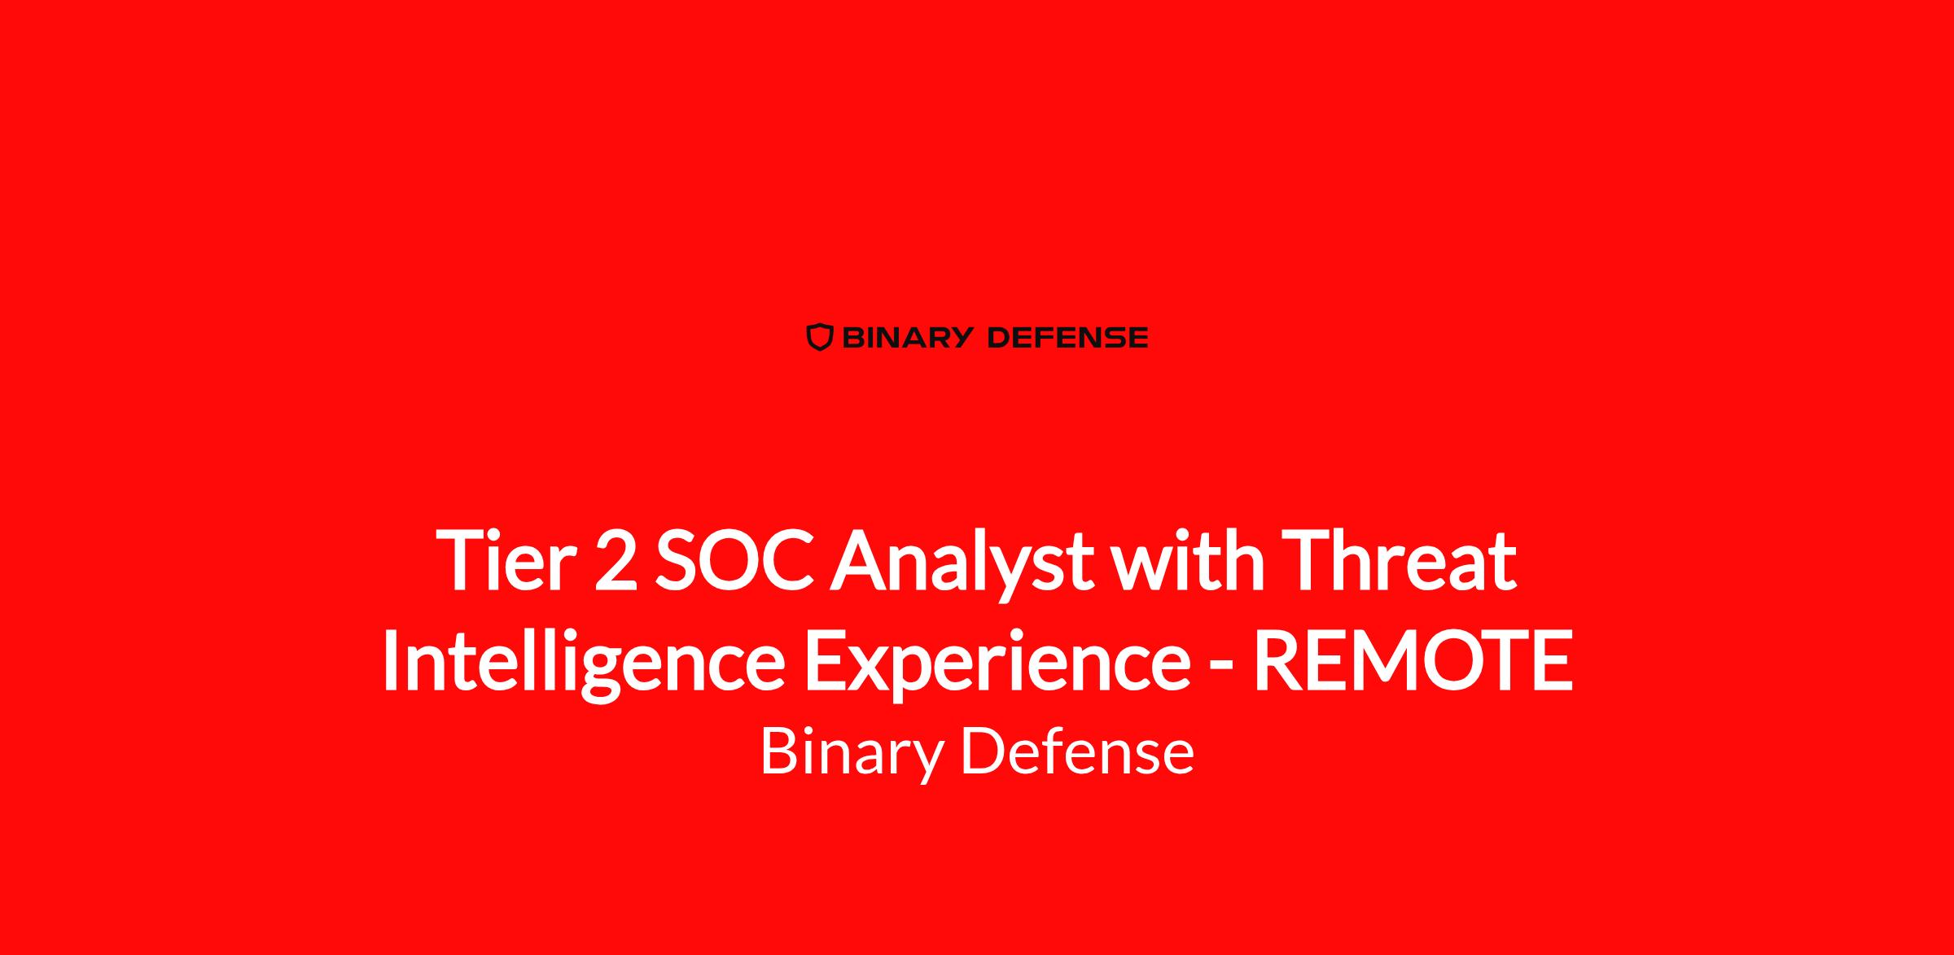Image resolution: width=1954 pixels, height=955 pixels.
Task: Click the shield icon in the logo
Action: coord(820,337)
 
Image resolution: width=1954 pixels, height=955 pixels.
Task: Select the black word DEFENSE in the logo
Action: coord(1067,337)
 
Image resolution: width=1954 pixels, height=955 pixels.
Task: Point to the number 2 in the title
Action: coord(616,562)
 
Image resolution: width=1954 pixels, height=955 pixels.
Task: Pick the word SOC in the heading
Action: coord(735,562)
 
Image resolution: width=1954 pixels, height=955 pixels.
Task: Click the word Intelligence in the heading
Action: coord(583,664)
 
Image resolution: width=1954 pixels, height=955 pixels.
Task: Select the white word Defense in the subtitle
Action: coord(1077,751)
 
